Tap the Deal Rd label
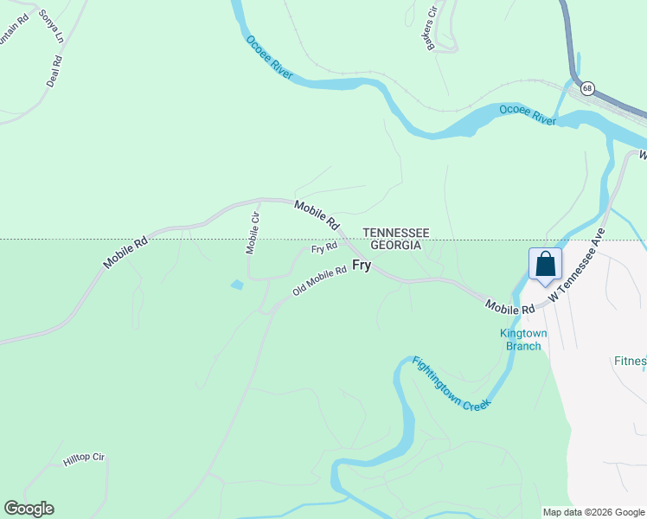54,72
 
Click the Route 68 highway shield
587,88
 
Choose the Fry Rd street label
324,248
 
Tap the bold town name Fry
361,266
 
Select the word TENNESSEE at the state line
395,233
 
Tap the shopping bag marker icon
545,264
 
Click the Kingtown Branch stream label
523,340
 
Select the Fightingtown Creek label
451,383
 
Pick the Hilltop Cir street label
84,459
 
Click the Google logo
29,509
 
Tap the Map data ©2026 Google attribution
593,512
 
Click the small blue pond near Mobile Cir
236,284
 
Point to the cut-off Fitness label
629,361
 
